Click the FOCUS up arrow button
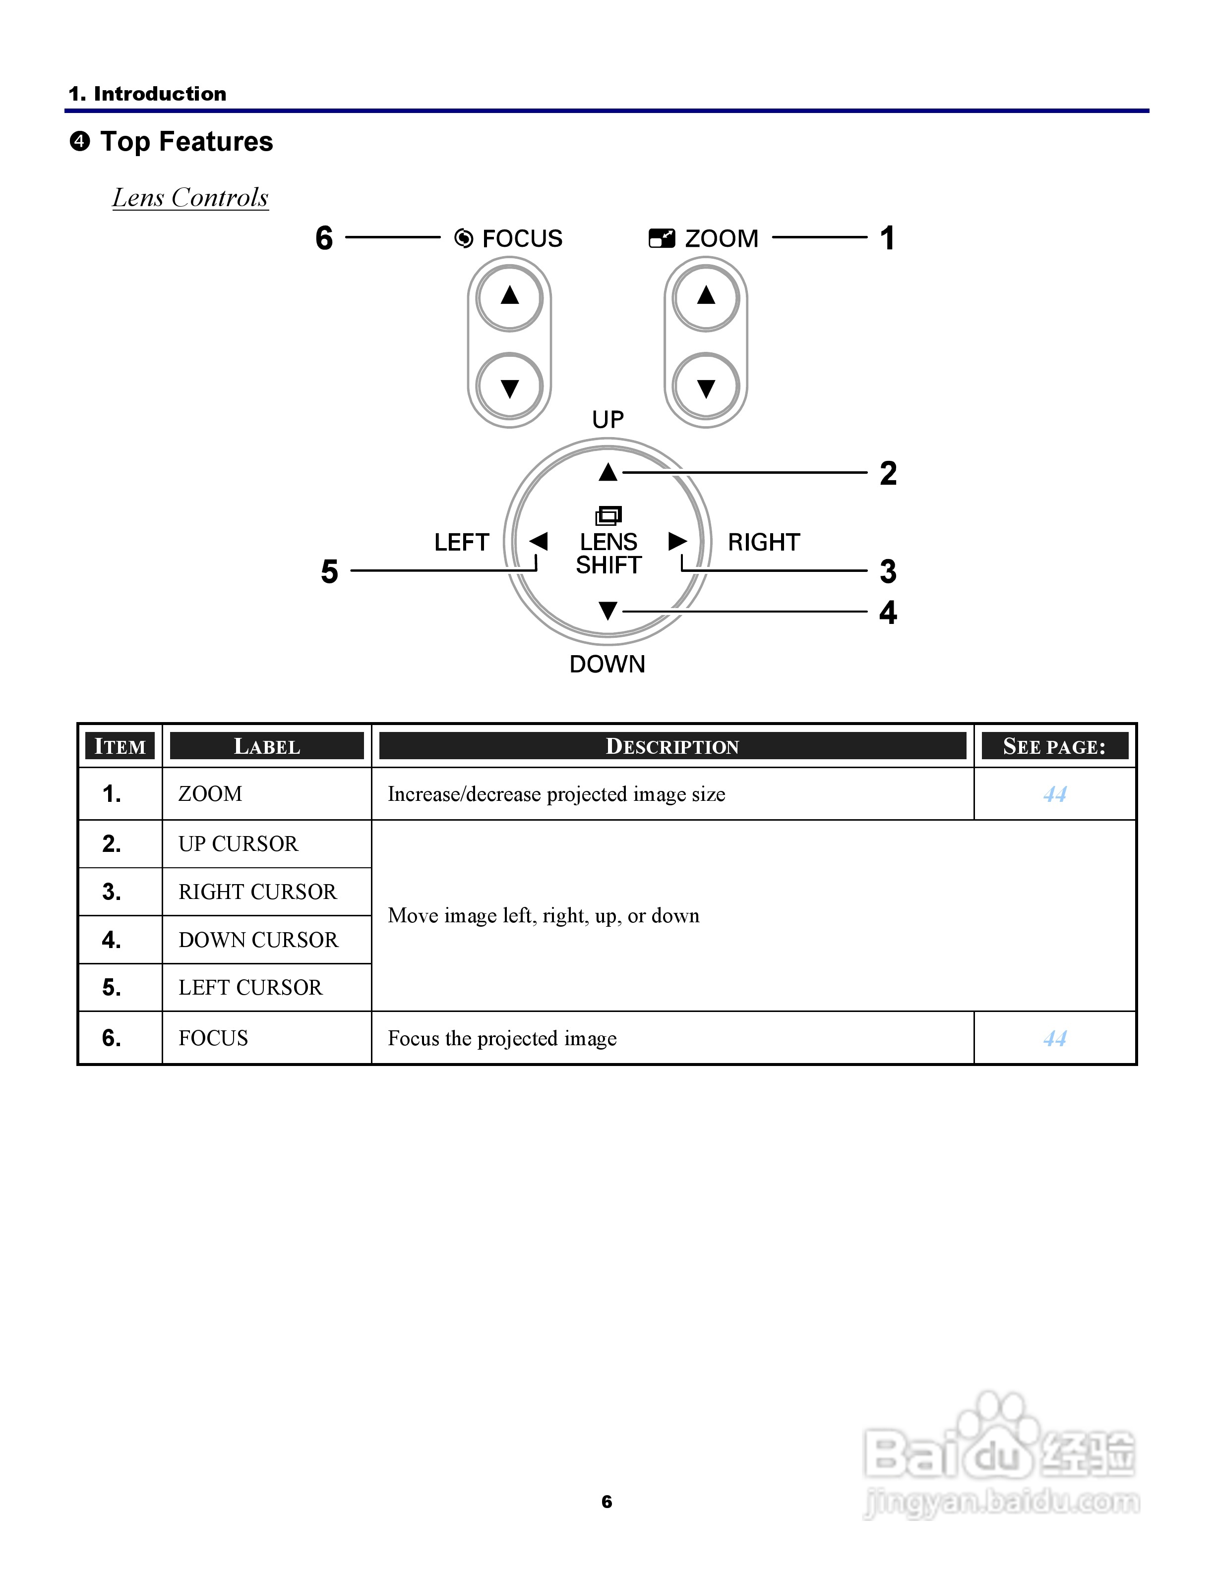pyautogui.click(x=509, y=296)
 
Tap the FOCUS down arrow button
pyautogui.click(x=509, y=388)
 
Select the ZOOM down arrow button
pyautogui.click(x=706, y=388)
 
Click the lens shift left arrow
pyautogui.click(x=538, y=541)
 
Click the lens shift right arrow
pyautogui.click(x=677, y=541)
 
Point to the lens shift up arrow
pyautogui.click(x=607, y=472)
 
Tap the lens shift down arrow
pyautogui.click(x=607, y=611)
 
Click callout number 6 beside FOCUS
pyautogui.click(x=324, y=238)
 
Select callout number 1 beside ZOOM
pyautogui.click(x=888, y=238)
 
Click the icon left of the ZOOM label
pyautogui.click(x=662, y=238)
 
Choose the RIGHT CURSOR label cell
pyautogui.click(x=257, y=892)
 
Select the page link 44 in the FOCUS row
pyautogui.click(x=1054, y=1038)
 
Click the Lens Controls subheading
pyautogui.click(x=190, y=198)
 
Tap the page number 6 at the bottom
pyautogui.click(x=607, y=1501)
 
